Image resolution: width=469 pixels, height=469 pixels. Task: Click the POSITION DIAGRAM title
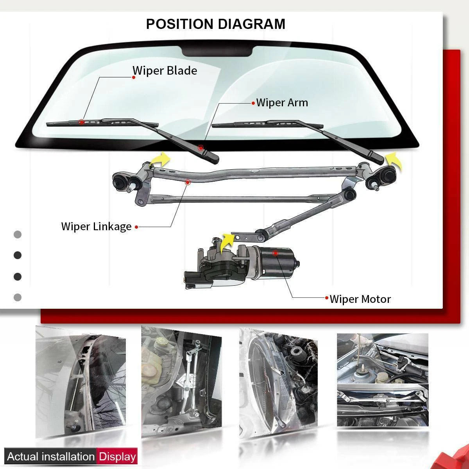[215, 24]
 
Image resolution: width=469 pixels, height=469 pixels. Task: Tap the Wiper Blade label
[165, 71]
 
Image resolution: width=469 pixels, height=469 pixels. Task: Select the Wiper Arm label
[282, 102]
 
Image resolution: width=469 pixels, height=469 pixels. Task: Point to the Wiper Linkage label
[96, 226]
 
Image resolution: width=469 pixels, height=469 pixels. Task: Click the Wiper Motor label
[360, 299]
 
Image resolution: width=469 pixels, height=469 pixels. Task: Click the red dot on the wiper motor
[275, 253]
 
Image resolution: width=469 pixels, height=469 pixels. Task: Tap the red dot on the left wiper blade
[81, 122]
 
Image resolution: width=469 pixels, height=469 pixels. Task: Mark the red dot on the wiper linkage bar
[187, 182]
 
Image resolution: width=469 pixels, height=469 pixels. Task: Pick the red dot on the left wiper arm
[200, 148]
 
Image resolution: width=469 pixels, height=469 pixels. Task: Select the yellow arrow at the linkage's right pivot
[393, 161]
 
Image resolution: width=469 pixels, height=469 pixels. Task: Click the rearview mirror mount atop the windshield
[218, 51]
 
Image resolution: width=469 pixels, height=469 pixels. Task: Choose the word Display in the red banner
[117, 456]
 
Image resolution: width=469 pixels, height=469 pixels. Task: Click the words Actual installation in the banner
[51, 456]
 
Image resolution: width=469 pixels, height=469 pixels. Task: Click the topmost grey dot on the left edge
[18, 234]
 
